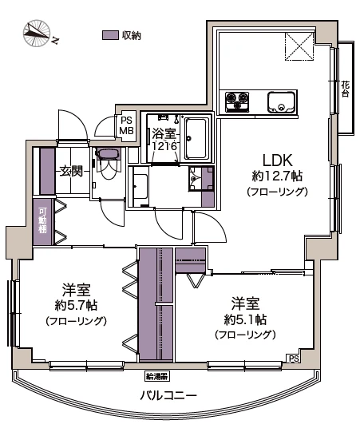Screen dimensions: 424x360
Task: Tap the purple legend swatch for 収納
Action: point(110,35)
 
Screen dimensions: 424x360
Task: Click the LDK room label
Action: point(271,159)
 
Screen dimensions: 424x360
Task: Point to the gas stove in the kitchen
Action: point(237,101)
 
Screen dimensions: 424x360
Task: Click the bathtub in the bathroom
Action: point(196,138)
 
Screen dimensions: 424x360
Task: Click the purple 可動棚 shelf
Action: point(42,221)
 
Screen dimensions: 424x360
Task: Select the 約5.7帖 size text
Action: point(76,305)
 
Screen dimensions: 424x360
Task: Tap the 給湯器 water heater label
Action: point(156,375)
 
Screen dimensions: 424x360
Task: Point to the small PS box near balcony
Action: point(294,359)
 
